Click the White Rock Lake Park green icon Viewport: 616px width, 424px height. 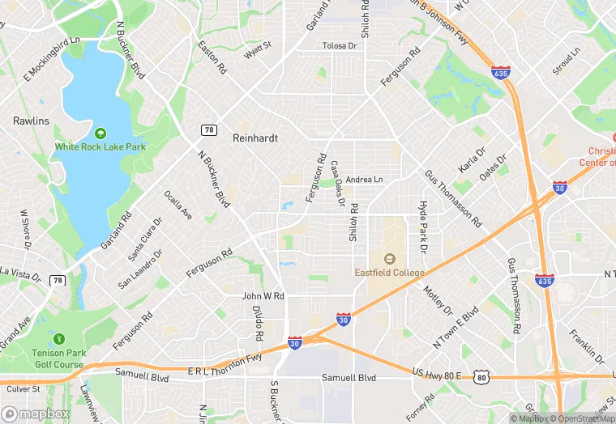pyautogui.click(x=101, y=133)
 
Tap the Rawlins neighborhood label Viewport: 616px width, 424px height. pyautogui.click(x=31, y=121)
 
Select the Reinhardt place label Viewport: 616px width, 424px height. pyautogui.click(x=255, y=138)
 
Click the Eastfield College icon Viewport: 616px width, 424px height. pyautogui.click(x=389, y=259)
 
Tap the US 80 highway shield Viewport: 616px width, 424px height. pyautogui.click(x=482, y=375)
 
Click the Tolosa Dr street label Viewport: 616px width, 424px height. pyautogui.click(x=340, y=46)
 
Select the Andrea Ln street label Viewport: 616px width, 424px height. pyautogui.click(x=363, y=179)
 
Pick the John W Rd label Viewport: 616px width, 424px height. pyautogui.click(x=263, y=296)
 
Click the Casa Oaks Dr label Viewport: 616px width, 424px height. pyautogui.click(x=339, y=182)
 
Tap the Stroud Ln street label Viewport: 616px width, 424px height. pyautogui.click(x=567, y=61)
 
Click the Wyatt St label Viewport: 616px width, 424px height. pyautogui.click(x=258, y=50)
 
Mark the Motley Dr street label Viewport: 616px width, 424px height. pyautogui.click(x=439, y=298)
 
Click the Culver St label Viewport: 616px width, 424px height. pyautogui.click(x=24, y=388)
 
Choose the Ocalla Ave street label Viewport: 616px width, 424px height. pyautogui.click(x=178, y=206)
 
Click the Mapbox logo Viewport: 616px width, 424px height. pyautogui.click(x=35, y=413)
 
